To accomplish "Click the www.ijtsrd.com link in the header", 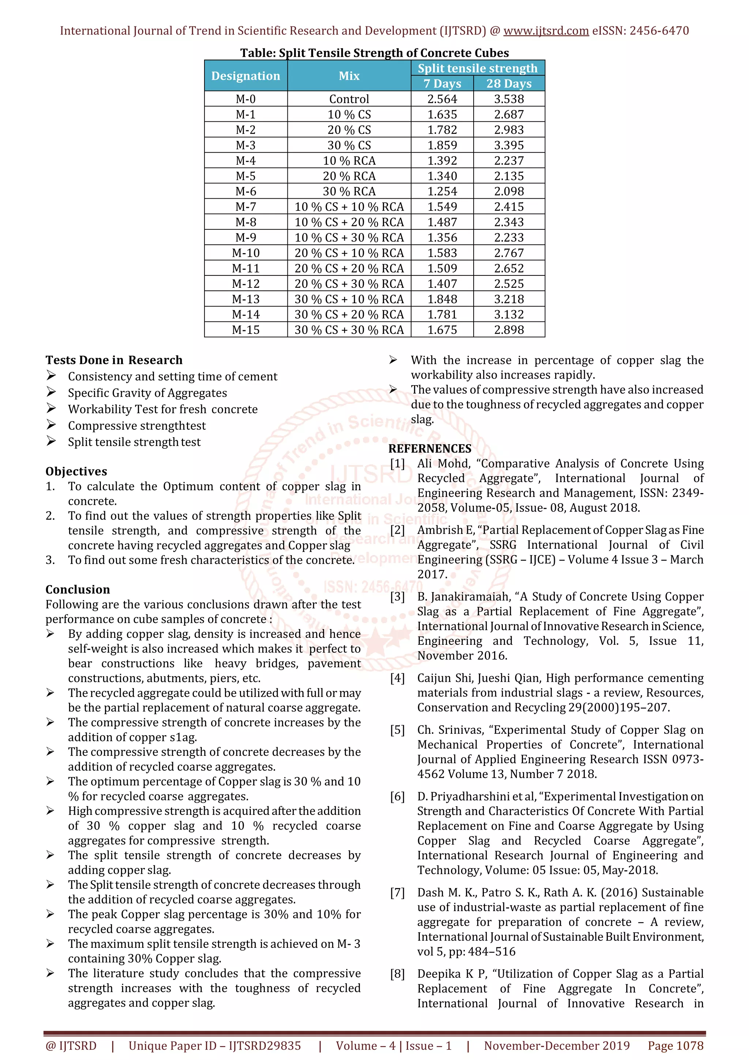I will (x=546, y=31).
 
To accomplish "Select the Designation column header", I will (x=245, y=76).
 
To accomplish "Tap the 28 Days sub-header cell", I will (x=509, y=83).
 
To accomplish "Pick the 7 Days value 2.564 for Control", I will (x=442, y=99).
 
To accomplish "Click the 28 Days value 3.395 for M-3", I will (x=509, y=145).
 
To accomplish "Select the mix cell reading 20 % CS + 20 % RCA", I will (x=349, y=268).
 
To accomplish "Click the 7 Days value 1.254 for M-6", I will (x=442, y=191).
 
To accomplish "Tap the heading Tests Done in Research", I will (x=114, y=360).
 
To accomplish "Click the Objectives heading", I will (x=76, y=471).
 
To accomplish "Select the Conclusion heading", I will (x=78, y=590).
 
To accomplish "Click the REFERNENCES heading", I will (x=430, y=449).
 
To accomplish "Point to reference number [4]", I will (x=397, y=678).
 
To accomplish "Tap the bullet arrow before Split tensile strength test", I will (x=51, y=441).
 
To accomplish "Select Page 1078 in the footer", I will (x=675, y=1046).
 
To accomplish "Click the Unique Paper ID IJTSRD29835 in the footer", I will (x=215, y=1046).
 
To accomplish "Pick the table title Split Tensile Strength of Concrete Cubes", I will (x=374, y=53).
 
